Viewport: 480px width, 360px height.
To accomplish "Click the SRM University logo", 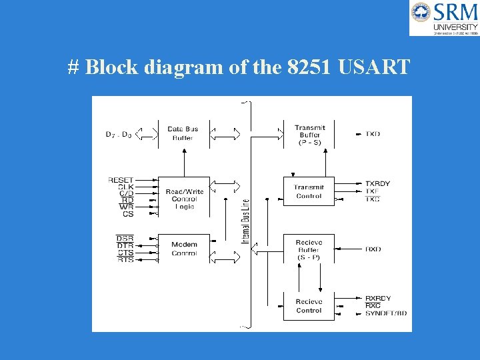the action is (x=444, y=18).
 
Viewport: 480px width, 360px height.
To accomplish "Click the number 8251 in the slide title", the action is (x=309, y=67).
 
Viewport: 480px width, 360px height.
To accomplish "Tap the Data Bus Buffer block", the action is (x=183, y=133).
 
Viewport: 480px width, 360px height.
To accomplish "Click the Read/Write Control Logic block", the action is (x=183, y=199).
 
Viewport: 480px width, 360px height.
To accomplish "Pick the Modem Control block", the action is (x=183, y=249).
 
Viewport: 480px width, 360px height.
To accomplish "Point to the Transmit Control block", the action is (x=309, y=192).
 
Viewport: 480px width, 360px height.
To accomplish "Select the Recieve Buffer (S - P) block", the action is (x=309, y=249).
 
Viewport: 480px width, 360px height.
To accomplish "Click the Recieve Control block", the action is (x=309, y=306).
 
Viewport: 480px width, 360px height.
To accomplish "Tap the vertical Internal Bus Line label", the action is (x=245, y=221).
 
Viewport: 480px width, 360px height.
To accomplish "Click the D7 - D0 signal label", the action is (x=119, y=134).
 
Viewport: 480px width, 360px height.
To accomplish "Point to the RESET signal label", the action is (x=121, y=180).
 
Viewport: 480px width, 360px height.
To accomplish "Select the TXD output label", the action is (x=373, y=134).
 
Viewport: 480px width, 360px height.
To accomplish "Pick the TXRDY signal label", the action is (x=377, y=183).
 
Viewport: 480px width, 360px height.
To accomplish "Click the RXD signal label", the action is (x=373, y=249).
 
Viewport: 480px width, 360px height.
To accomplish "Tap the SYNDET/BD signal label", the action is (x=386, y=313).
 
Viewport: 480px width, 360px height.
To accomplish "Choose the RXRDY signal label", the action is (x=378, y=298).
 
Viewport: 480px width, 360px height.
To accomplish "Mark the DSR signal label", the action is (x=125, y=238).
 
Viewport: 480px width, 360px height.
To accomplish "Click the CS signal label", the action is (x=128, y=214).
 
